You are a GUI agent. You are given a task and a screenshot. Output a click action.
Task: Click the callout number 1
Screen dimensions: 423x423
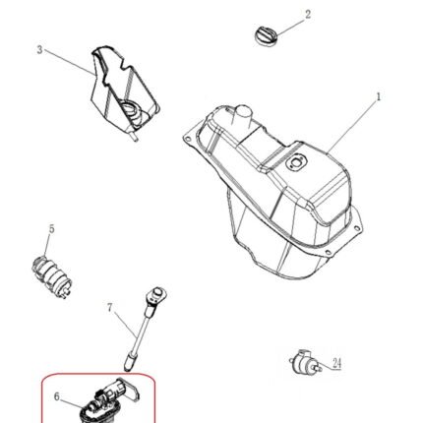coord(379,97)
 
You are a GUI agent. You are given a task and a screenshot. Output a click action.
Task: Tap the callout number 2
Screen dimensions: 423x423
coord(308,15)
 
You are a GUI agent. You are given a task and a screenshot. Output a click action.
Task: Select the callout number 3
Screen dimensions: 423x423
coord(39,50)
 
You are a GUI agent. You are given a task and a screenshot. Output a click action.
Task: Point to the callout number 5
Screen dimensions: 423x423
coord(51,229)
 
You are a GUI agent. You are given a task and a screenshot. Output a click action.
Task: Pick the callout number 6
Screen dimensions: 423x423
coord(57,396)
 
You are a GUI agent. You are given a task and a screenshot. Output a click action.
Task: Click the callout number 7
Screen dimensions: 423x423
coord(110,308)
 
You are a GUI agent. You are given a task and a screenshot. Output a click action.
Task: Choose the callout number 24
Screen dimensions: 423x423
coord(336,363)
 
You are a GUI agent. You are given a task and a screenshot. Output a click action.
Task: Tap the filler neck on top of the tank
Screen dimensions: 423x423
coord(242,117)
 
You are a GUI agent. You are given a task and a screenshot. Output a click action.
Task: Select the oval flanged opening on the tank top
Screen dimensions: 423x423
coord(296,163)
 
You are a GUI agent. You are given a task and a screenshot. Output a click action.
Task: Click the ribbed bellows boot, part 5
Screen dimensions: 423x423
coord(52,275)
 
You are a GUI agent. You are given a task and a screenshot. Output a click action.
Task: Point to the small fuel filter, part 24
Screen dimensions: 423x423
coord(303,362)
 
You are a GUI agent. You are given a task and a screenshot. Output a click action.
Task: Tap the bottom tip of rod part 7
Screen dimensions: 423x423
coord(129,370)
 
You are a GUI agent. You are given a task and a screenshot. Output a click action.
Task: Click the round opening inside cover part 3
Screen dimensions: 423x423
coord(130,108)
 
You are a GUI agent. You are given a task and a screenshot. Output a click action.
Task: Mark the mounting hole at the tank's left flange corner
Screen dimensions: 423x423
coord(187,139)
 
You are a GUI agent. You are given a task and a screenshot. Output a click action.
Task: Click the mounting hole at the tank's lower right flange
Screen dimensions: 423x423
coord(327,252)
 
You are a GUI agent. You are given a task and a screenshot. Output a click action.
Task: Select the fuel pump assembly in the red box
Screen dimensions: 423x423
coord(108,401)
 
